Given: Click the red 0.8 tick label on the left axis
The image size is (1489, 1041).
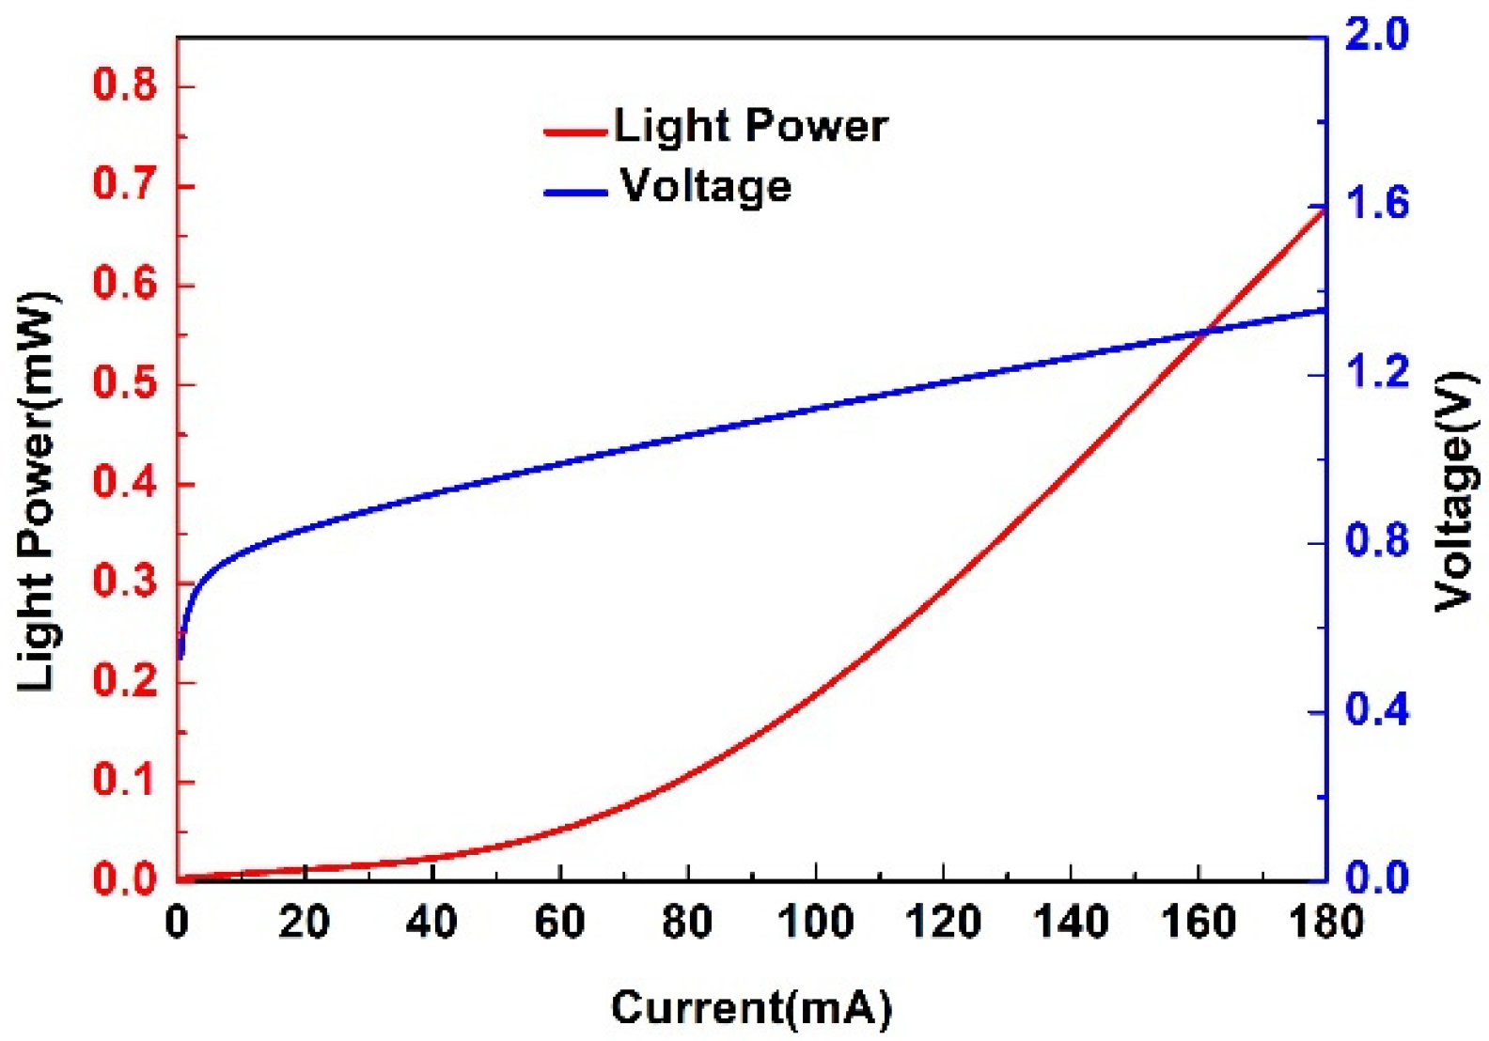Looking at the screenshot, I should pyautogui.click(x=124, y=85).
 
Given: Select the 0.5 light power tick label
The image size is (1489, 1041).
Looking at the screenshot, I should pyautogui.click(x=124, y=383).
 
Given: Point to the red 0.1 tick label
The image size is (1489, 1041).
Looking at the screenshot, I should pyautogui.click(x=124, y=780).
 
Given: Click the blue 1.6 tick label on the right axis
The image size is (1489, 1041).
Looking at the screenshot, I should pyautogui.click(x=1377, y=203).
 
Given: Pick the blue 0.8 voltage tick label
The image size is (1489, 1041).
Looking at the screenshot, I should pyautogui.click(x=1377, y=540).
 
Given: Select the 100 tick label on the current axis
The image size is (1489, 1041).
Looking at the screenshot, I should pyautogui.click(x=815, y=922).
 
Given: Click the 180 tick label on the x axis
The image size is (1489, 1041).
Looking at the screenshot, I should pyautogui.click(x=1325, y=922).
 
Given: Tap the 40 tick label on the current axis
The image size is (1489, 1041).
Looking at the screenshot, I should pyautogui.click(x=431, y=922).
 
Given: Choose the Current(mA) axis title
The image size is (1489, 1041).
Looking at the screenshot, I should pyautogui.click(x=751, y=1008).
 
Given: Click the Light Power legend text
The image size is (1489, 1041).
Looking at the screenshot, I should pyautogui.click(x=750, y=126).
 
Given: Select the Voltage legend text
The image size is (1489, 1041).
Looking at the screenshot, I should pyautogui.click(x=705, y=186).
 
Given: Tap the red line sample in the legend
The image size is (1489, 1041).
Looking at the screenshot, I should pyautogui.click(x=575, y=132).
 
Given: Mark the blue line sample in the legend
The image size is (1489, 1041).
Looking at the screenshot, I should pyautogui.click(x=575, y=193).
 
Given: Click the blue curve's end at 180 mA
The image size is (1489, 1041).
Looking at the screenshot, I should pyautogui.click(x=1324, y=309).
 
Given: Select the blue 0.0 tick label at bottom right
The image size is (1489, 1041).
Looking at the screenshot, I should pyautogui.click(x=1377, y=878).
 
